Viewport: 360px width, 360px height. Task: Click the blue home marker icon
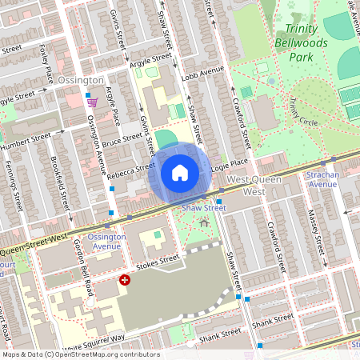[179, 173]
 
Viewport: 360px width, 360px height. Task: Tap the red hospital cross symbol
[125, 280]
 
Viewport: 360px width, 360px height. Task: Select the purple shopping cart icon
[93, 102]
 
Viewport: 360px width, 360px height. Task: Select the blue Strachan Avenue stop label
[324, 178]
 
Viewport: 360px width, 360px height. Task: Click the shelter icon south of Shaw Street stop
[205, 223]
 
